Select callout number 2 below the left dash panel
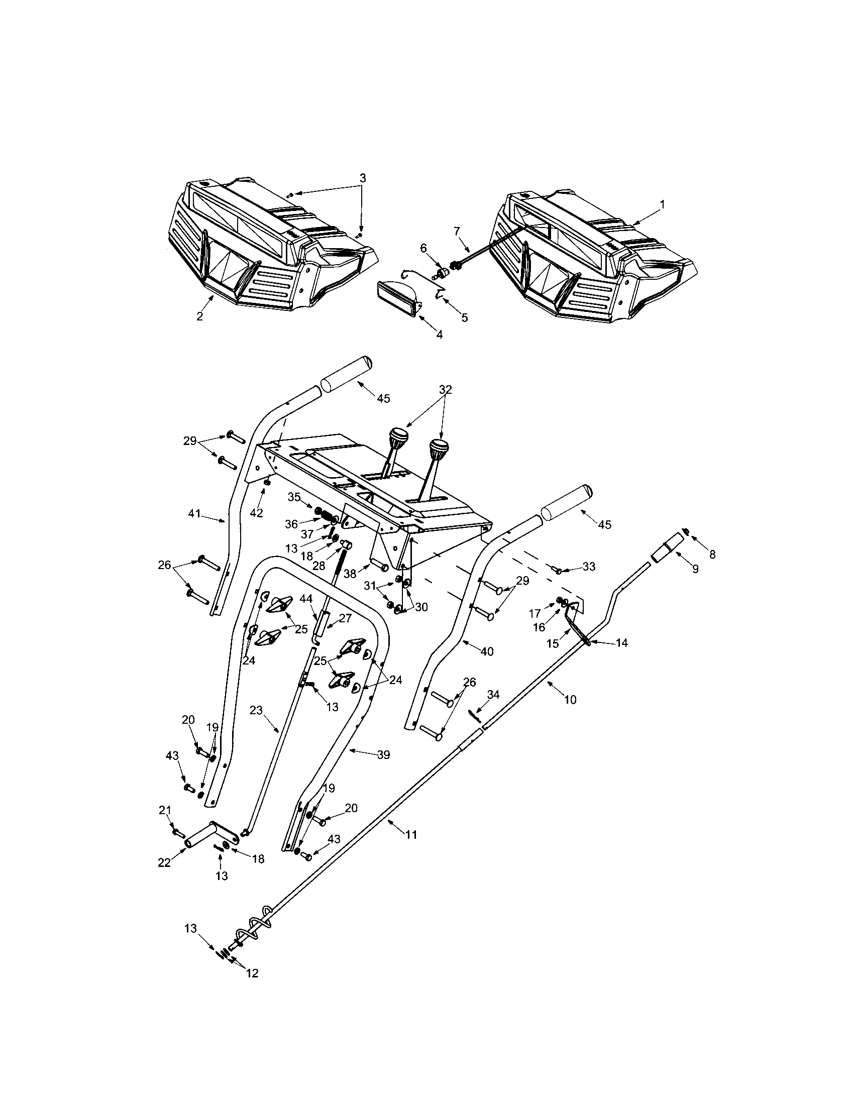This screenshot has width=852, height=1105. (x=200, y=316)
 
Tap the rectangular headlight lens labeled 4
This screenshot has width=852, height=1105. (x=397, y=298)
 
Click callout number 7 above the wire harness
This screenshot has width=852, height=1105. (x=457, y=231)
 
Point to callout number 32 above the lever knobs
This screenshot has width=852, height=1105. (x=445, y=390)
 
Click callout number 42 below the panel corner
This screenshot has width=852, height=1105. (x=257, y=512)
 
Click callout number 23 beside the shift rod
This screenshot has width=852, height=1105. (x=256, y=710)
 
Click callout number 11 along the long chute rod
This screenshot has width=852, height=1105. (x=411, y=835)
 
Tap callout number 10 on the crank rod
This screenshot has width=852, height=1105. (x=570, y=700)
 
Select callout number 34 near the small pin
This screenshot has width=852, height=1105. (x=493, y=695)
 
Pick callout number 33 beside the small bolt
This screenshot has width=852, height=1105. (x=588, y=566)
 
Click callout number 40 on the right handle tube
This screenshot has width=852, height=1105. (x=486, y=651)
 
